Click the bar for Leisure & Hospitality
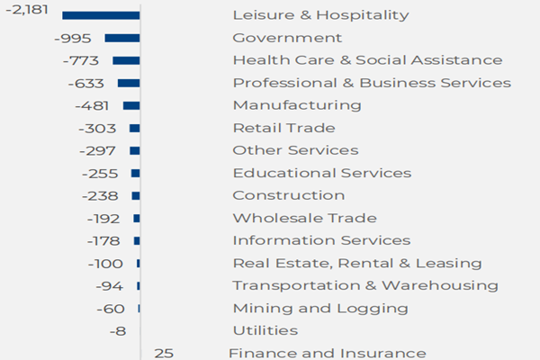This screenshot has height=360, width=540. [101, 15]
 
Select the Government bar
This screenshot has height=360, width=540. [122, 38]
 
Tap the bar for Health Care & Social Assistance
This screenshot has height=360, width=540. [126, 60]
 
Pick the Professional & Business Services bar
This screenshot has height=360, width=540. [129, 83]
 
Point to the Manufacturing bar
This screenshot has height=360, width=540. [131, 105]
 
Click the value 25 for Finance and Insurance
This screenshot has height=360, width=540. [164, 353]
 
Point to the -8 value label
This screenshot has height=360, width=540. [116, 330]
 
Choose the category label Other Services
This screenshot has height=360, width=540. [295, 150]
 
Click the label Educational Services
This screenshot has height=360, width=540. [321, 173]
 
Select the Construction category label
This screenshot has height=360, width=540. [288, 195]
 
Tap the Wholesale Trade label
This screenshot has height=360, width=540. [304, 218]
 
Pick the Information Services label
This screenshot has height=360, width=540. [321, 240]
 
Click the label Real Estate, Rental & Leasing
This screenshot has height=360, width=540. [356, 263]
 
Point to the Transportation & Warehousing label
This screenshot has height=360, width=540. [364, 285]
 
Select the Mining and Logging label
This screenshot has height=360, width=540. [319, 308]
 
